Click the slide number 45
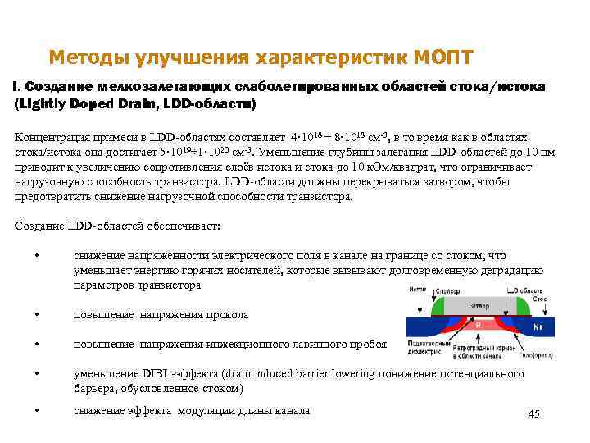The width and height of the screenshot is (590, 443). click(x=533, y=413)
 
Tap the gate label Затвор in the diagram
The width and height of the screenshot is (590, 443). click(x=479, y=305)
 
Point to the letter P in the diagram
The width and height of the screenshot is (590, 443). click(x=478, y=325)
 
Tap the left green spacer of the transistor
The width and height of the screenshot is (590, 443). click(x=438, y=306)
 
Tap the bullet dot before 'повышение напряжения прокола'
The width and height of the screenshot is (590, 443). click(x=38, y=315)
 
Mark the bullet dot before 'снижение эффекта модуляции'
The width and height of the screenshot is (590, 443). click(x=38, y=411)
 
